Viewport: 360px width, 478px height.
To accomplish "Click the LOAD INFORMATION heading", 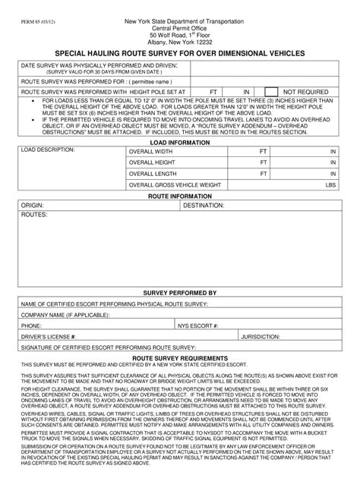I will pos(179,142).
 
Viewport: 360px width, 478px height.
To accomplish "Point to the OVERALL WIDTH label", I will pos(153,151).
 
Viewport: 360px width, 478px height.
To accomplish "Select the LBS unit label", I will pos(330,184).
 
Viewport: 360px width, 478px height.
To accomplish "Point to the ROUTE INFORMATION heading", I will pos(179,196).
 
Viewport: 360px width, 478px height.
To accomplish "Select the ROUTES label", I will pos(34,215).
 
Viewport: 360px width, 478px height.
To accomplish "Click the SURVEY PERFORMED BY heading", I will pos(179,292).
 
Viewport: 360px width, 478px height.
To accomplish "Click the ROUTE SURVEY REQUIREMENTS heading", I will pos(179,357).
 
